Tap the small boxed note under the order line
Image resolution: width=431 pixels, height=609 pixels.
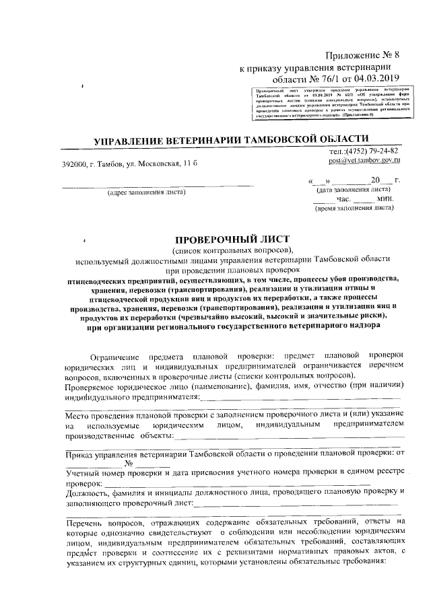[x=333, y=102]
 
